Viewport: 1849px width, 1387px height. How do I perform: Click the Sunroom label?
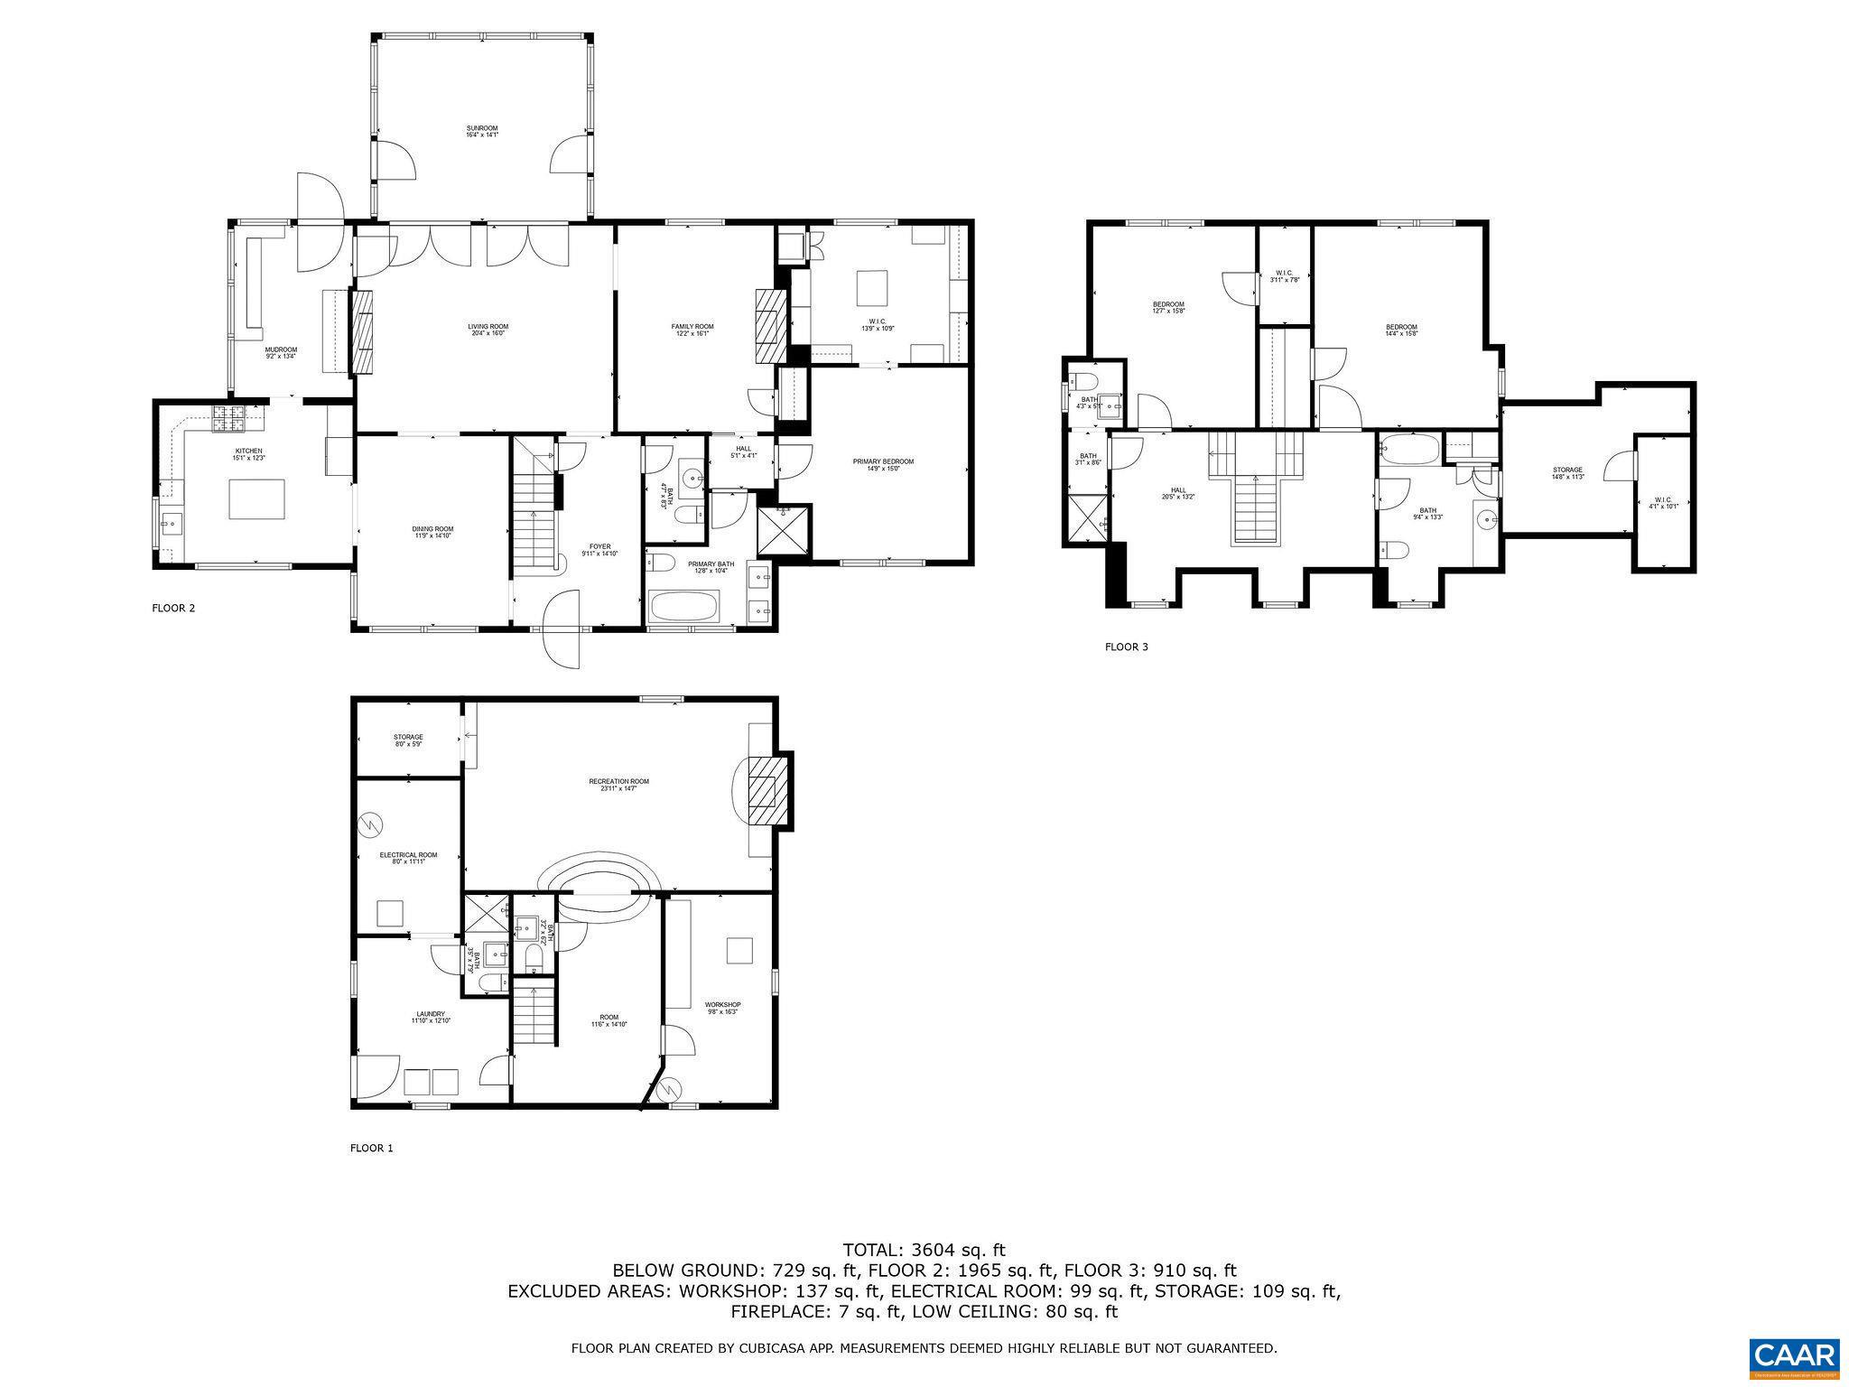point(481,132)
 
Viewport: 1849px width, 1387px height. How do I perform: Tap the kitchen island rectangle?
point(257,499)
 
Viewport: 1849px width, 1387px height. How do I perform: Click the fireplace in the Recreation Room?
point(766,791)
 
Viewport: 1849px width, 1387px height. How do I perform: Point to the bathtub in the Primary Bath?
point(683,607)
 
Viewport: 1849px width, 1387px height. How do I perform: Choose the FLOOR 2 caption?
point(173,609)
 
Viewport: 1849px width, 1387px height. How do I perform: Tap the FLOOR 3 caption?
point(1127,647)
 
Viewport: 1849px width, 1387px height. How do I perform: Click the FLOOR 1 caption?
point(372,1149)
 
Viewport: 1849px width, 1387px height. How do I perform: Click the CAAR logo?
point(1794,1357)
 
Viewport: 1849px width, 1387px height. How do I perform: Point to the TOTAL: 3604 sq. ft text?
point(924,1251)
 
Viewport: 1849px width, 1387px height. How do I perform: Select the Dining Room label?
point(433,532)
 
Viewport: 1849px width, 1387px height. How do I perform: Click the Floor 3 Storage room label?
point(1567,473)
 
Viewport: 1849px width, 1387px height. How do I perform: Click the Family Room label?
point(692,330)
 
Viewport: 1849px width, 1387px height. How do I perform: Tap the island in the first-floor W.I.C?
point(872,290)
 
